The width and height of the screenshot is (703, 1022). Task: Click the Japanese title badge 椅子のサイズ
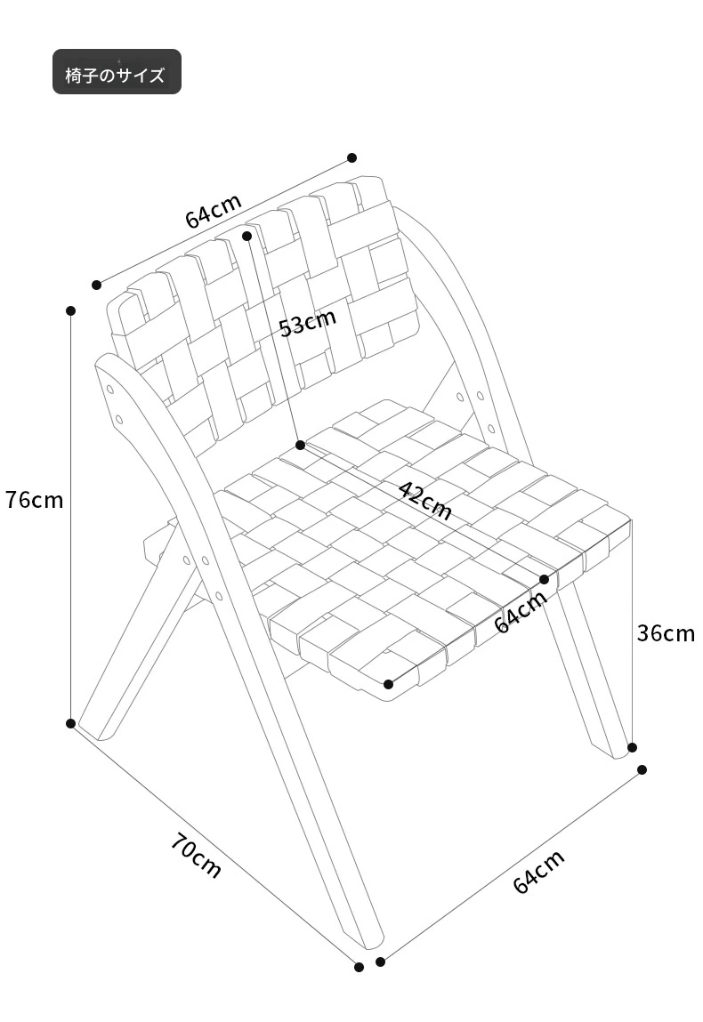coord(117,72)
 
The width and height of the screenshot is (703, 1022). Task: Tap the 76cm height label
coord(35,500)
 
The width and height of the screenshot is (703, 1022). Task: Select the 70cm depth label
coord(197,855)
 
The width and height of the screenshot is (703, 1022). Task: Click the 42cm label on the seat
coord(424,500)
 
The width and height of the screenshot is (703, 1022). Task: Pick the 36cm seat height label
coord(666,633)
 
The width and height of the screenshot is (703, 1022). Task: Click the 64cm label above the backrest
coord(214,211)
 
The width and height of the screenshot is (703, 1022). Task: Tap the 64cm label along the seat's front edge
coord(521,612)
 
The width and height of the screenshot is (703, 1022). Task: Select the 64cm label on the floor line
coord(538,872)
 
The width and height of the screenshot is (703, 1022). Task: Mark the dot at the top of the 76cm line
coord(71,311)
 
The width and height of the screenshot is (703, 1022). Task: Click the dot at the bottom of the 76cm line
coord(71,723)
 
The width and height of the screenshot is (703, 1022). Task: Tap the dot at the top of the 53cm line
coord(247,236)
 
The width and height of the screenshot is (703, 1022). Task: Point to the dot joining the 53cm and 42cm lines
coord(301,445)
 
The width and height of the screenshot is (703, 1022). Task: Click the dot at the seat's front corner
coord(389,684)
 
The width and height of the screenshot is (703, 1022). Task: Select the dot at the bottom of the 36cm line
coord(632,747)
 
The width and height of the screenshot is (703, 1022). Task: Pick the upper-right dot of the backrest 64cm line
coord(352,157)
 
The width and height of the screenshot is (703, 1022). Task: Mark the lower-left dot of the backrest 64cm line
coord(96,284)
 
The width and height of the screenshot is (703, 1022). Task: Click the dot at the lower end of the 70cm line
coord(359,967)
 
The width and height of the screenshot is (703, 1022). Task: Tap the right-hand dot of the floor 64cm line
coord(642,769)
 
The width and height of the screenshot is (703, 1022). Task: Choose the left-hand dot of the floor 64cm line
coord(381,962)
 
